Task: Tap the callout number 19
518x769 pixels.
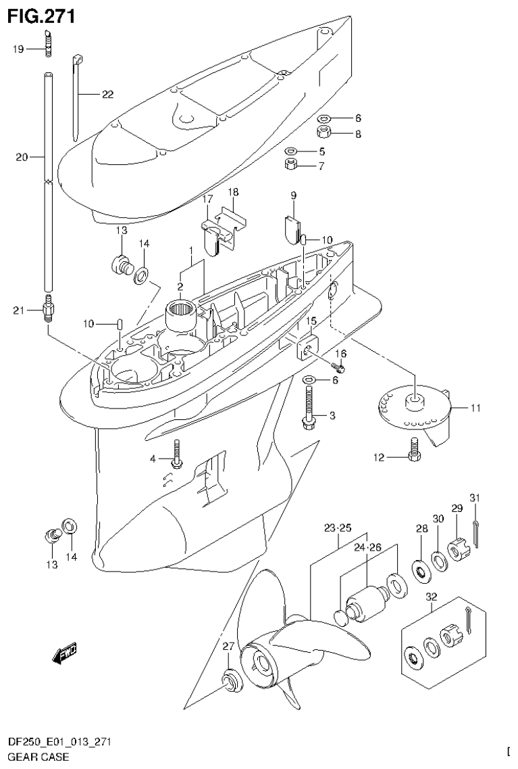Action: [x=18, y=48]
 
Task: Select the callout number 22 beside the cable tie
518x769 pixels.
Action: [x=107, y=95]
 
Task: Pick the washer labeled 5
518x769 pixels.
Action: [x=291, y=150]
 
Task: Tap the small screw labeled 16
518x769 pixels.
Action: [x=339, y=367]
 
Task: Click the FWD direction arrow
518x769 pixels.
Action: [x=64, y=652]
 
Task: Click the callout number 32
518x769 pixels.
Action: [x=432, y=597]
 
